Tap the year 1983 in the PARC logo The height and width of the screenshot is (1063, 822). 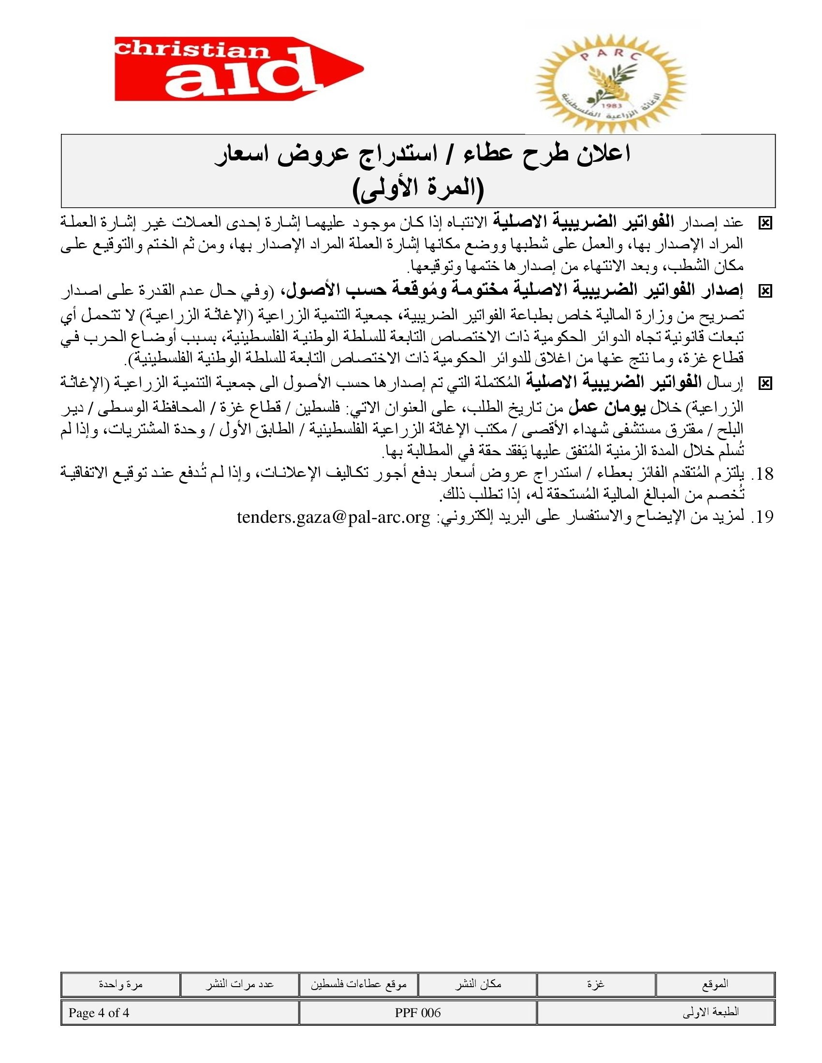pos(610,106)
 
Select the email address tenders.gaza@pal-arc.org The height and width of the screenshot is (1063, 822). pos(334,517)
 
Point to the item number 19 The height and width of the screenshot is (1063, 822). pos(762,517)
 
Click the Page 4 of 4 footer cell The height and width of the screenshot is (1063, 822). pos(179,1013)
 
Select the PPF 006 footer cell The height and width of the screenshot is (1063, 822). pos(418,1013)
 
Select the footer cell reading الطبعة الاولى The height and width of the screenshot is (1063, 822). pos(656,1013)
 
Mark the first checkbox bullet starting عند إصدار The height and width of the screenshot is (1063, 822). pos(765,223)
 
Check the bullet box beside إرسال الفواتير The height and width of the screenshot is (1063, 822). pos(765,384)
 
